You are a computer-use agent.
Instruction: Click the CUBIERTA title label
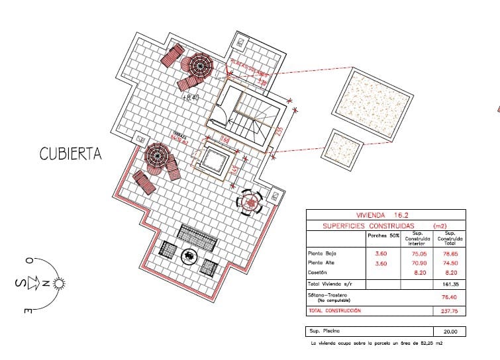coord(70,154)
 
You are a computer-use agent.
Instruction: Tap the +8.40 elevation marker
coord(190,97)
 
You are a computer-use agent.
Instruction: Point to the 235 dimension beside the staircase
coord(279,132)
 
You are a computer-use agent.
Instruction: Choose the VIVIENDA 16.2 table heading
coord(383,215)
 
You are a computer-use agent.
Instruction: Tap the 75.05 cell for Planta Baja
coord(418,253)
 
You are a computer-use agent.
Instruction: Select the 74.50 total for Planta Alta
coord(450,263)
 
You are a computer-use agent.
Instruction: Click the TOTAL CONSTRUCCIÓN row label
coord(334,310)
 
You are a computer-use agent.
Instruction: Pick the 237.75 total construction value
coord(450,310)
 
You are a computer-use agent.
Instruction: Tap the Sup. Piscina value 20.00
coord(450,332)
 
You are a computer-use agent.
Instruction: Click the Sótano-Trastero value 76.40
coord(450,296)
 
